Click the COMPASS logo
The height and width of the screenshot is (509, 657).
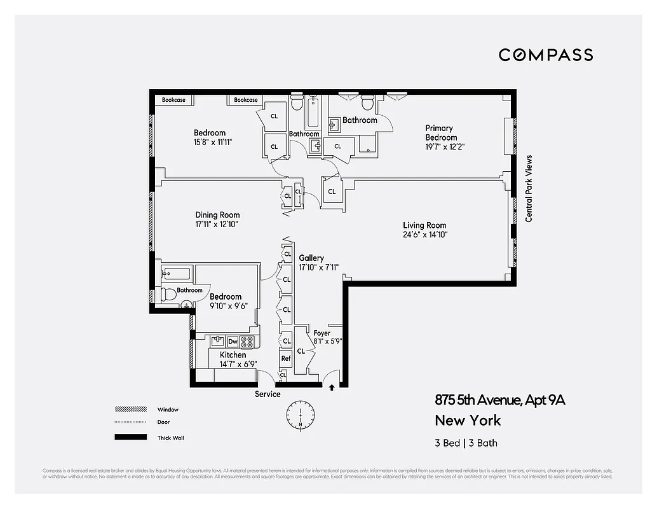[545, 55]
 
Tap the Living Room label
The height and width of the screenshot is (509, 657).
[424, 225]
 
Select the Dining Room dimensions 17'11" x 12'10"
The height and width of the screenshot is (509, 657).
[217, 225]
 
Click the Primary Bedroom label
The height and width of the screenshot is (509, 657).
[441, 133]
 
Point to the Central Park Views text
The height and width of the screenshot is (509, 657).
[529, 188]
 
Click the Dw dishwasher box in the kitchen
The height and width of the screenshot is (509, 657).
[233, 342]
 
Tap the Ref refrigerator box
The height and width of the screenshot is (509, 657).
[286, 358]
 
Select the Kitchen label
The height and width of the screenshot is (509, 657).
[233, 355]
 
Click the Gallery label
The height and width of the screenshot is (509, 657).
[311, 258]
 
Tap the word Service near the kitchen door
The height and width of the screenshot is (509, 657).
[268, 394]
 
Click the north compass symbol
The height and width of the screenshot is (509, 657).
[300, 414]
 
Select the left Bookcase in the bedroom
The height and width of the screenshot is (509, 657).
[173, 100]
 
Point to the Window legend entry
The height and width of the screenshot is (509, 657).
[168, 410]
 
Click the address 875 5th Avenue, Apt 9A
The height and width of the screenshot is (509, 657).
[499, 400]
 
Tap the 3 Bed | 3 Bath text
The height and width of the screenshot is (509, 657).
[470, 443]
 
